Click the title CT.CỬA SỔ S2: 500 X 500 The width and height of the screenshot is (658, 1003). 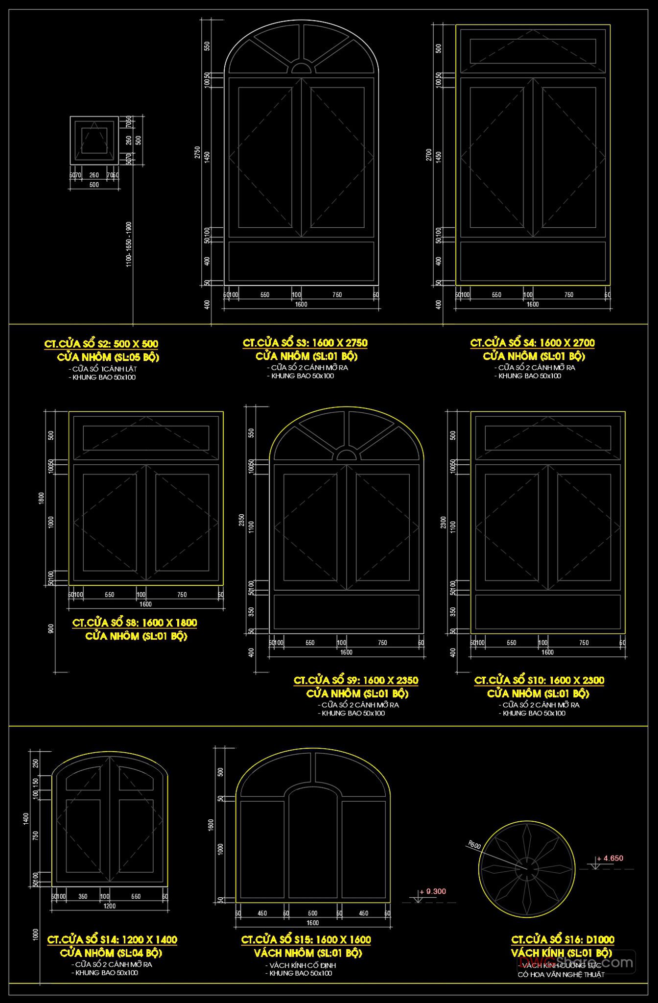[101, 344]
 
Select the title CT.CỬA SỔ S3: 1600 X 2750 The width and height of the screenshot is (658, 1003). [305, 343]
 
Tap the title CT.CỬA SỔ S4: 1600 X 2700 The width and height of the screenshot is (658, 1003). [533, 343]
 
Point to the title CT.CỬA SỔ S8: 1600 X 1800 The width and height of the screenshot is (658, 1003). [135, 622]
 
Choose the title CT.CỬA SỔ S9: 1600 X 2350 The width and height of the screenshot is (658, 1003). [356, 680]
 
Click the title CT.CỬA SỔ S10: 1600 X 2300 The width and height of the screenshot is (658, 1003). [539, 680]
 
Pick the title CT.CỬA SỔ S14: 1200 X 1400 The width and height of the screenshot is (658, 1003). [112, 939]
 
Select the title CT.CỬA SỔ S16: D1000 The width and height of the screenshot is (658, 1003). [563, 939]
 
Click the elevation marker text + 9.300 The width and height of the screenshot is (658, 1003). [433, 891]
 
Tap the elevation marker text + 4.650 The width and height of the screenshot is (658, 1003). [610, 858]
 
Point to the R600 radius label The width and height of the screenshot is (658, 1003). [474, 845]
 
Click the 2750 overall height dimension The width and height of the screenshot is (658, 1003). [197, 152]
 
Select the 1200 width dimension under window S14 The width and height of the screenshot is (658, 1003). [110, 906]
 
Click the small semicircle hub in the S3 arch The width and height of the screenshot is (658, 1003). [301, 68]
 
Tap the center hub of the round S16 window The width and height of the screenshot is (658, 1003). [527, 869]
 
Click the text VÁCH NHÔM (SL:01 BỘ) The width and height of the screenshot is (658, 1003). [308, 953]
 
